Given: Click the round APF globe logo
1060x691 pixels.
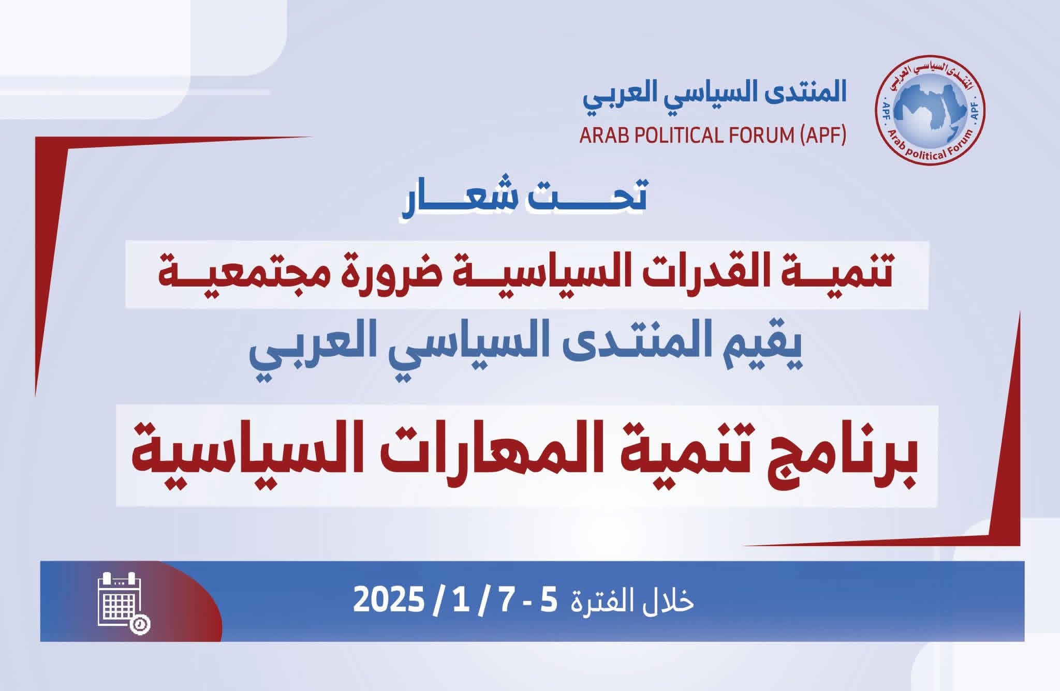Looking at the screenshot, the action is click(x=930, y=110).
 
